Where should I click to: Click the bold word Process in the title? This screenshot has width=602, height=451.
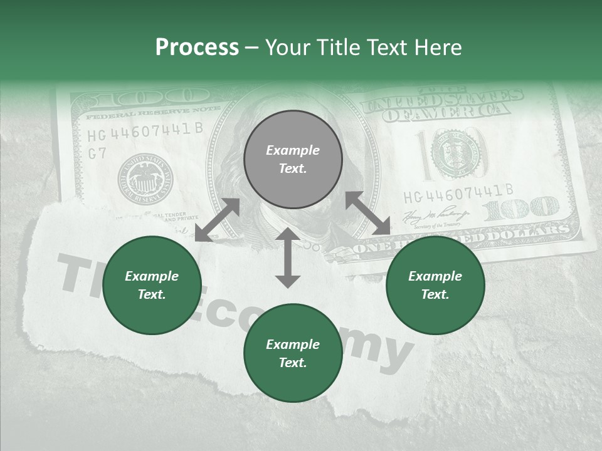197,47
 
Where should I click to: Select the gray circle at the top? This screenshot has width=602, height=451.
293,159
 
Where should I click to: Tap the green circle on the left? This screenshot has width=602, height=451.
152,285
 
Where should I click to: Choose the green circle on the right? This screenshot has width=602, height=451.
435,285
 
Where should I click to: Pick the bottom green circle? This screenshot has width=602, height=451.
293,353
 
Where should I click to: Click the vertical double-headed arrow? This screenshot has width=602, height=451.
288,257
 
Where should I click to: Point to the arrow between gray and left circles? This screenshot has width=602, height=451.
217,220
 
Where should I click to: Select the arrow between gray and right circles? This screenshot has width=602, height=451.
367,213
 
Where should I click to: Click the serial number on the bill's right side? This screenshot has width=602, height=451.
458,191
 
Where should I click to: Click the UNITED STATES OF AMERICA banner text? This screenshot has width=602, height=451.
444,105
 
